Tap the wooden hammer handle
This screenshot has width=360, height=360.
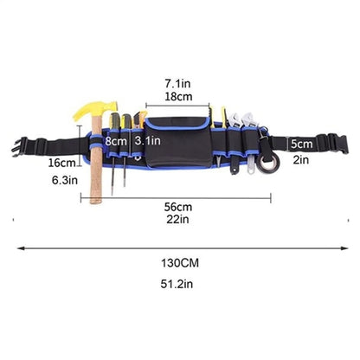96,162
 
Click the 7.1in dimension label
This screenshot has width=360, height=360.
177,84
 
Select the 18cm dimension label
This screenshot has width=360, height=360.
178,97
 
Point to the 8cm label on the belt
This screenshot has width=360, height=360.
116,141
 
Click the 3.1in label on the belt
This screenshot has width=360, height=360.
147,141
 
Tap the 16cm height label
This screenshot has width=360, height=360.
61,163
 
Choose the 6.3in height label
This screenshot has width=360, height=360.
65,180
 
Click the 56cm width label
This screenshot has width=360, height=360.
178,207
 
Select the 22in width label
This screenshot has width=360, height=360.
177,219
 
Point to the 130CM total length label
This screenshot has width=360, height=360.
180,263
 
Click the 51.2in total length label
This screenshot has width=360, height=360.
177,284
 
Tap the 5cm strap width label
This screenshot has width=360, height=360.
301,144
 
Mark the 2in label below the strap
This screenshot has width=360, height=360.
301,159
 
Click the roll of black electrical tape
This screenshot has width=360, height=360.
268,164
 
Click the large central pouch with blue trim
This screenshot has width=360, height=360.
178,143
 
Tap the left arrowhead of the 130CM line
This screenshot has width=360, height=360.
20,248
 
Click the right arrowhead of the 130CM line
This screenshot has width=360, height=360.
345,248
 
